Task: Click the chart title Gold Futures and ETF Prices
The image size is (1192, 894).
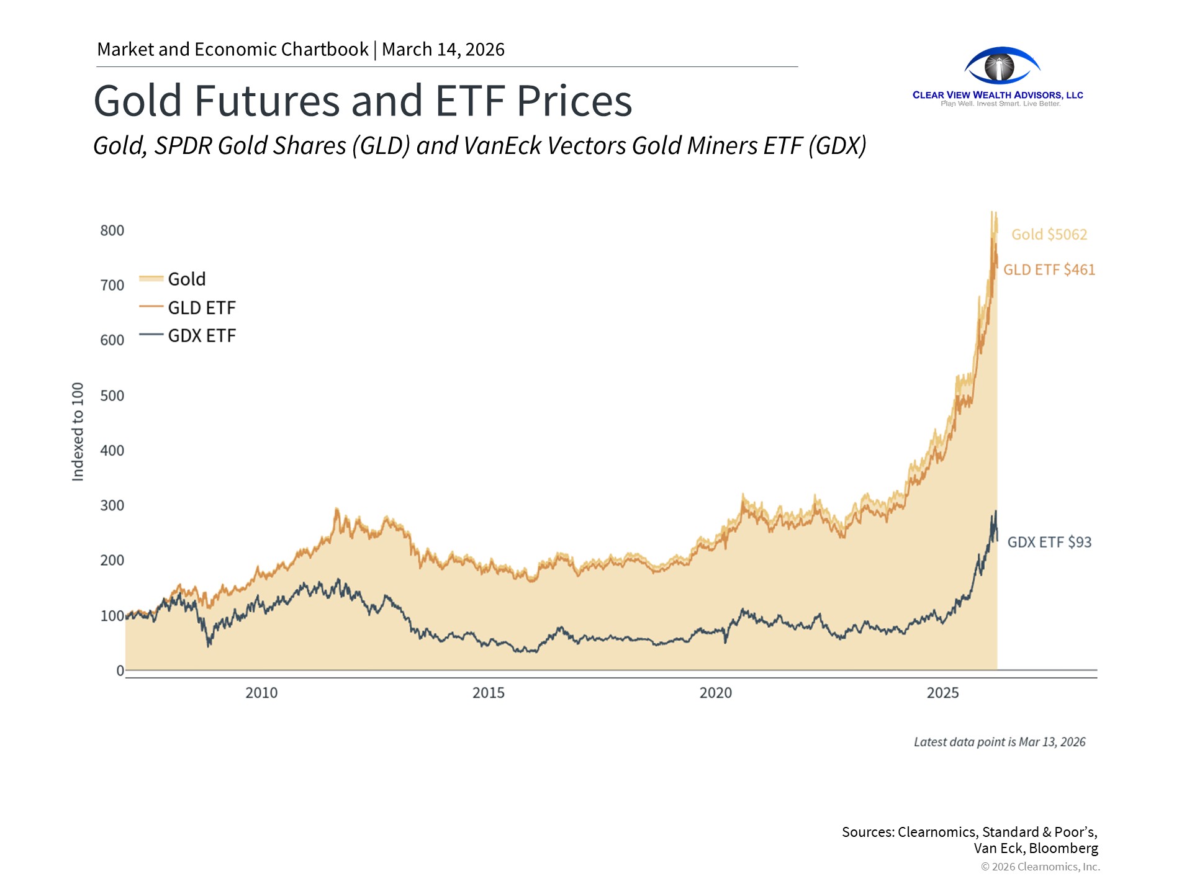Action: tap(363, 101)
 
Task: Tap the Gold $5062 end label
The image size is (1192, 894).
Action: tap(1049, 235)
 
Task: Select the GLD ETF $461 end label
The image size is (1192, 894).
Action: tap(1049, 270)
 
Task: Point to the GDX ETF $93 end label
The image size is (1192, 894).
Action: tap(1049, 542)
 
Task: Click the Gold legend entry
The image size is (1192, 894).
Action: tap(186, 279)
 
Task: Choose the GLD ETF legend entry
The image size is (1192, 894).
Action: tap(201, 308)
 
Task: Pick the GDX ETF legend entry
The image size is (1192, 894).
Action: tap(201, 336)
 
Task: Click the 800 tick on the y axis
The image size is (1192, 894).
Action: tap(112, 231)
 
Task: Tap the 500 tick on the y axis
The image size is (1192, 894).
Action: tap(112, 396)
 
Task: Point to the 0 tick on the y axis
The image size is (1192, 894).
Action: tap(120, 670)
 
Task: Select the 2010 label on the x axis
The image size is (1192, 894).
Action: tap(261, 693)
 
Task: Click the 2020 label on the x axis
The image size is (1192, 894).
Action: tap(716, 693)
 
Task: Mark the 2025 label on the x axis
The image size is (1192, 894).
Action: tap(943, 693)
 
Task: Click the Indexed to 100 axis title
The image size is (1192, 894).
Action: tap(78, 431)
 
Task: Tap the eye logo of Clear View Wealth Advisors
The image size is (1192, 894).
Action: tap(1001, 66)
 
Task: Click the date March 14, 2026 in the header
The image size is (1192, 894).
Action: tap(443, 50)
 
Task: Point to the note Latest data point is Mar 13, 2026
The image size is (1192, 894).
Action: tap(1000, 742)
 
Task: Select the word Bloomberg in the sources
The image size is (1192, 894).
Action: tap(1063, 848)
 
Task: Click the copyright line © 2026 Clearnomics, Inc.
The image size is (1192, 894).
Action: tap(1041, 867)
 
